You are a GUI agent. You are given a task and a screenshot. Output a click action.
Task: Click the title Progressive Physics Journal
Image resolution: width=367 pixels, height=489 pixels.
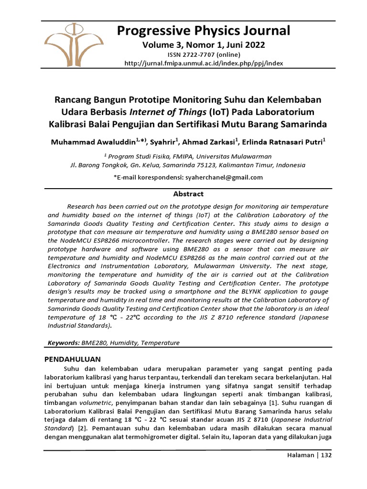click(204, 31)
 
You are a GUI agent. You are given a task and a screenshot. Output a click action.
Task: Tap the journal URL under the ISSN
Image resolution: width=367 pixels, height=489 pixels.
click(204, 63)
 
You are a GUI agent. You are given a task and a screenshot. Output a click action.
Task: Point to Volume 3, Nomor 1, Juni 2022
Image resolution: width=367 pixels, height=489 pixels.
click(204, 45)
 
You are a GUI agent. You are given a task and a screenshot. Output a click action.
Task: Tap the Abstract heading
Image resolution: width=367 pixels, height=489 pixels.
click(188, 194)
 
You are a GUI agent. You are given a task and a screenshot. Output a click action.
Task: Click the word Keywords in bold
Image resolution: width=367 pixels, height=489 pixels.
click(64, 343)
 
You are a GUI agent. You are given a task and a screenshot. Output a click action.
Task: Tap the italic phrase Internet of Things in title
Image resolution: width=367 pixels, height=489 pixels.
click(161, 112)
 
